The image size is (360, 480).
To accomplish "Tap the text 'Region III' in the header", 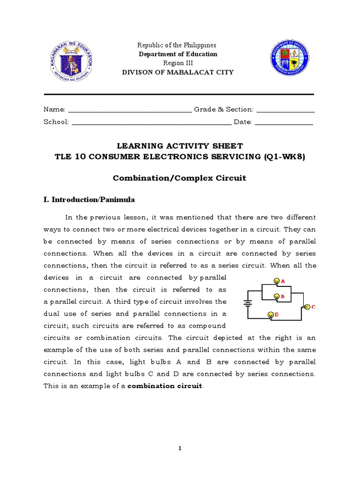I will click(177, 63).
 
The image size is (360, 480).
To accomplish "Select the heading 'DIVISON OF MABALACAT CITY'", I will click(178, 73).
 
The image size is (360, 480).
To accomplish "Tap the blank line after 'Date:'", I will click(284, 123).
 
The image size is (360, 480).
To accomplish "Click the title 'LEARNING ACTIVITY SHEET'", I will click(180, 146).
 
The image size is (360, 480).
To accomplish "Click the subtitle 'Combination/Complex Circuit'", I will click(180, 178).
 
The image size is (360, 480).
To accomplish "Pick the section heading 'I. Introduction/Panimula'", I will click(89, 200).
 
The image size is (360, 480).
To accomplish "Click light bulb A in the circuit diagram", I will click(276, 281).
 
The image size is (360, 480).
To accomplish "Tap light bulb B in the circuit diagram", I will click(276, 297).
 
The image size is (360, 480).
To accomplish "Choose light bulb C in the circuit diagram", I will click(307, 307).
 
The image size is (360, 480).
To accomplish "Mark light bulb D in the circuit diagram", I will click(270, 315).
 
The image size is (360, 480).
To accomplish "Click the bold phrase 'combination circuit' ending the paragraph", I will click(165, 386).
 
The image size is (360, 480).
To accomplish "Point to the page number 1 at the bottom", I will click(180, 449).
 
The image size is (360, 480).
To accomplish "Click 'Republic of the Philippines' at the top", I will click(177, 45).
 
